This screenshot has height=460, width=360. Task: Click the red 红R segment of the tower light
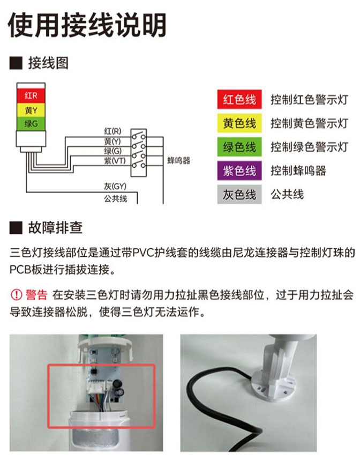(x=31, y=95)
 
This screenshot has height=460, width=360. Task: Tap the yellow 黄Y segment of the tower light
(x=31, y=110)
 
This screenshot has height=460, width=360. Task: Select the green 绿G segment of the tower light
(x=31, y=124)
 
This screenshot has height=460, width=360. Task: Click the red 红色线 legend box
(x=239, y=99)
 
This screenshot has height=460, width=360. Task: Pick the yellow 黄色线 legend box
(x=239, y=123)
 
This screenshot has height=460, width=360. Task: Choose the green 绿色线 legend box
(x=239, y=147)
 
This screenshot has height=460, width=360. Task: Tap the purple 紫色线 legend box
(x=239, y=170)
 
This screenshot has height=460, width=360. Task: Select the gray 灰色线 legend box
(x=239, y=194)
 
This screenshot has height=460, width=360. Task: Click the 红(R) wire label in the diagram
(x=112, y=131)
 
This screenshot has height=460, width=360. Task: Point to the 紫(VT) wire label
(x=115, y=161)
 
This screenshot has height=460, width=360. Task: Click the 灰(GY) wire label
(x=115, y=186)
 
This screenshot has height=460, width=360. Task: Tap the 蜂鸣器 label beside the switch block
(x=179, y=160)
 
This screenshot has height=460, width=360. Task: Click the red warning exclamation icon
(x=16, y=294)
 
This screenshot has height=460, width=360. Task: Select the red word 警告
(x=36, y=294)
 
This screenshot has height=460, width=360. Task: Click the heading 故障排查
(x=55, y=228)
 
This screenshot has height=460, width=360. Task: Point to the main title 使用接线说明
(x=87, y=25)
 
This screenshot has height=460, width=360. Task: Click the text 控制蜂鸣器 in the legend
(x=298, y=170)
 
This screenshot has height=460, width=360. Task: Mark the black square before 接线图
(x=16, y=63)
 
